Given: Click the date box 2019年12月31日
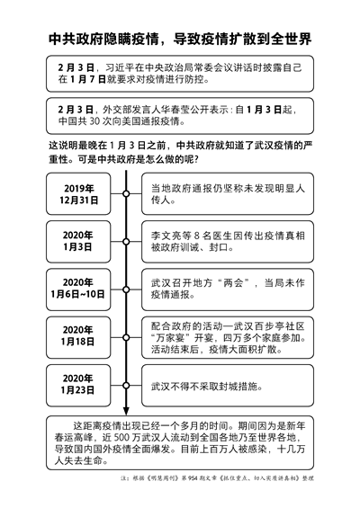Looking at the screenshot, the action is coord(78,193).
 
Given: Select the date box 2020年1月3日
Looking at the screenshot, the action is coord(78,242).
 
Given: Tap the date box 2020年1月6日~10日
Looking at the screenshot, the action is coord(78,290).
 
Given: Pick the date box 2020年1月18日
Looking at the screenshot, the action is coord(78,337).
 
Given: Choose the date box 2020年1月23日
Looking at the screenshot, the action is coord(78,385).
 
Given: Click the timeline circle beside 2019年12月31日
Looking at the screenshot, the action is coord(126,193).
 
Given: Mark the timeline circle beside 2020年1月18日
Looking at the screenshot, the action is coord(126,337).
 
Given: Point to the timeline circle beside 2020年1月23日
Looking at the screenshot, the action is coord(126,385).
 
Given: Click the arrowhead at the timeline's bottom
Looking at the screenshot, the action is coord(126,411).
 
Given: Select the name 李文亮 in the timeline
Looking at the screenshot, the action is coord(166,236).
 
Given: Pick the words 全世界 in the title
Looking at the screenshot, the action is coord(291,39).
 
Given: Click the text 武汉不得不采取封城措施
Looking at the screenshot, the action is coord(207,387).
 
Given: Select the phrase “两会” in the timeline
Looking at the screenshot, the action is coord(233,283).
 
